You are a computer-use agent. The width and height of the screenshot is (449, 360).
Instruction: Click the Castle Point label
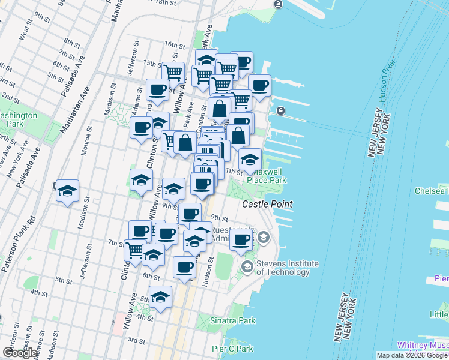267,205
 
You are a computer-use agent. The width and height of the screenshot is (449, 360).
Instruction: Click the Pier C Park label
236,349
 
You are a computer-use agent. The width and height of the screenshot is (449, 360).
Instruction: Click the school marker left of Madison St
67,191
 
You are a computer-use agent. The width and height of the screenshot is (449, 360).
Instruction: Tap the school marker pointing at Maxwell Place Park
250,160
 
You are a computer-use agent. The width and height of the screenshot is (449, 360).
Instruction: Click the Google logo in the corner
20,353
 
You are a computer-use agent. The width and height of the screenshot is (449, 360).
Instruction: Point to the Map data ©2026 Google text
412,355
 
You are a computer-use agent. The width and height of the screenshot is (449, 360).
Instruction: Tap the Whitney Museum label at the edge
423,346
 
